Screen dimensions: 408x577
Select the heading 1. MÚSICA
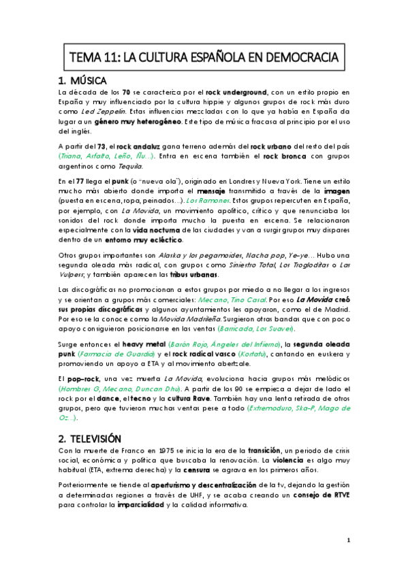[x=87, y=79]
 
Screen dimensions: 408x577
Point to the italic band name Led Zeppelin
[x=100, y=112]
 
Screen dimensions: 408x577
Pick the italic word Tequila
[x=134, y=166]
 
